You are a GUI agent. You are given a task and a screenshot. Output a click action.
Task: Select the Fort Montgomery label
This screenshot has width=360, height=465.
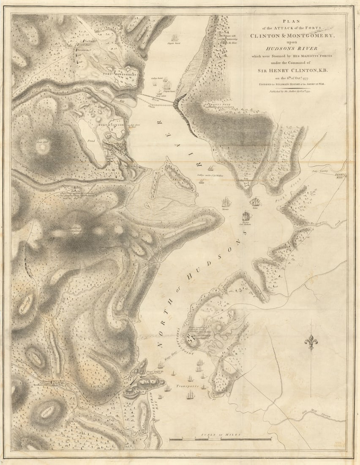(x=120, y=74)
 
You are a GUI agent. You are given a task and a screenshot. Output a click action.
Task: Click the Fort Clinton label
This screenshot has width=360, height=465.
(x=112, y=125)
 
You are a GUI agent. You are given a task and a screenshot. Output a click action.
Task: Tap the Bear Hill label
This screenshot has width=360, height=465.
(x=43, y=142)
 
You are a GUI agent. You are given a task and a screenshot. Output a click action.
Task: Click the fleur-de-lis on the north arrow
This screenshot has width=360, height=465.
(x=311, y=342)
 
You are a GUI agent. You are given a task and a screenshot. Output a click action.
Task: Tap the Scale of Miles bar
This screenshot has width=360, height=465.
(x=220, y=439)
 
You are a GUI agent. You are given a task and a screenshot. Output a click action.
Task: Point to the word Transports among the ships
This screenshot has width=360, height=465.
(x=187, y=386)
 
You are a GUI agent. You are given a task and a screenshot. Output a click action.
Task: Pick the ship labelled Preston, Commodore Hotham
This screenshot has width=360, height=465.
(x=246, y=216)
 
